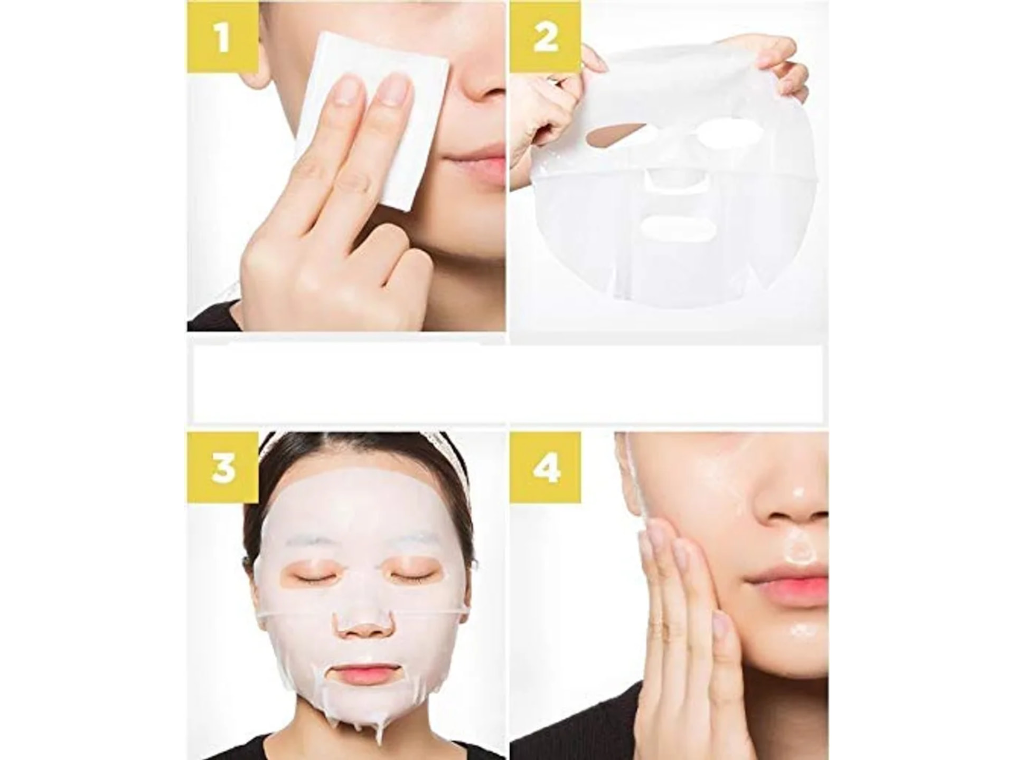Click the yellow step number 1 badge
[x=223, y=36]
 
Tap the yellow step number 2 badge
[x=546, y=36]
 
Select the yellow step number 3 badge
[x=223, y=468]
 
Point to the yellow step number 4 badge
[x=546, y=468]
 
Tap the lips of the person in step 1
[x=475, y=168]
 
